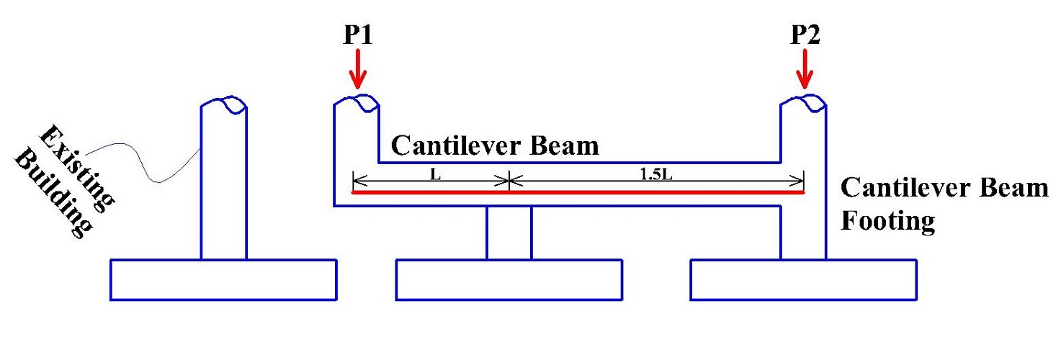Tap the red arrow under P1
(x=358, y=73)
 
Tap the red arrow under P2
(x=805, y=73)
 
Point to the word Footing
(x=887, y=220)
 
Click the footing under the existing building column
(x=223, y=279)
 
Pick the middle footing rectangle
(x=509, y=279)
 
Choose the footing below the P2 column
(x=803, y=279)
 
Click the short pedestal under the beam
(x=509, y=233)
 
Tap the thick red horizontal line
(x=576, y=192)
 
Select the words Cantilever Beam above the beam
(x=494, y=146)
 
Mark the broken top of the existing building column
(x=224, y=105)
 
